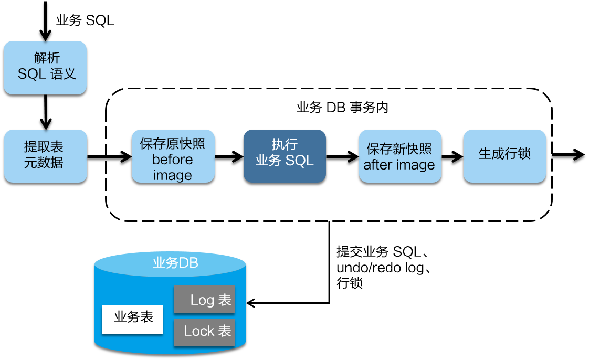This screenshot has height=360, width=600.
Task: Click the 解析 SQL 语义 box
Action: coord(45,68)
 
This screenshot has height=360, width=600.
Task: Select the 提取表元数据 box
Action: coord(46,156)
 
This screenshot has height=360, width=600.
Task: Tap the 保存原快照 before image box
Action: coord(173,156)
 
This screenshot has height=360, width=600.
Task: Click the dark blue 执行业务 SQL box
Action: coord(285,156)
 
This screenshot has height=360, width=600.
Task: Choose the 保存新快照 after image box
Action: coord(400,156)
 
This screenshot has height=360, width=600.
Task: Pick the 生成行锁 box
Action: coord(504,156)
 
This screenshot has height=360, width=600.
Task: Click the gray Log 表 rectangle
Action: coord(204,300)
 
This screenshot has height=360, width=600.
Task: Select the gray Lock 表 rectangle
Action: coord(204,332)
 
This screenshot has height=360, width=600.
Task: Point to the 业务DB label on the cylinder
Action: coord(175,263)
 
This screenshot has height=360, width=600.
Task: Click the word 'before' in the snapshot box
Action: coord(172,160)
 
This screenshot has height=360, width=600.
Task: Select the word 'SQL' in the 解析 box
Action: coord(31,74)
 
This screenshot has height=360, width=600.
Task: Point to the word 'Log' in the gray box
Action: coord(202,300)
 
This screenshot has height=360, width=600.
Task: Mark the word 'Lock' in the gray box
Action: coord(199,331)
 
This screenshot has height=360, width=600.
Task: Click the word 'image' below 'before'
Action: coord(172,175)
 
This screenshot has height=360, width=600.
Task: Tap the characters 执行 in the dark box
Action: coord(285,145)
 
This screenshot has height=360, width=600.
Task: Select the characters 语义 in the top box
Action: coord(64,74)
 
